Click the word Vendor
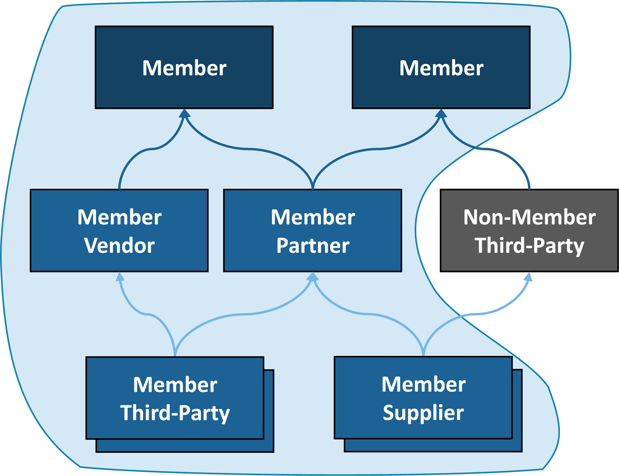tap(119, 245)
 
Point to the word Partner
tap(313, 245)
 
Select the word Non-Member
tap(529, 217)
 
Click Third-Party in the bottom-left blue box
tap(175, 413)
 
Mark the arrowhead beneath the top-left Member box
tap(184, 113)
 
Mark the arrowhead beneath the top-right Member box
tap(441, 113)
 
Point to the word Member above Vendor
tap(119, 217)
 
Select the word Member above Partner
tap(313, 217)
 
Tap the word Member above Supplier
tap(423, 384)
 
